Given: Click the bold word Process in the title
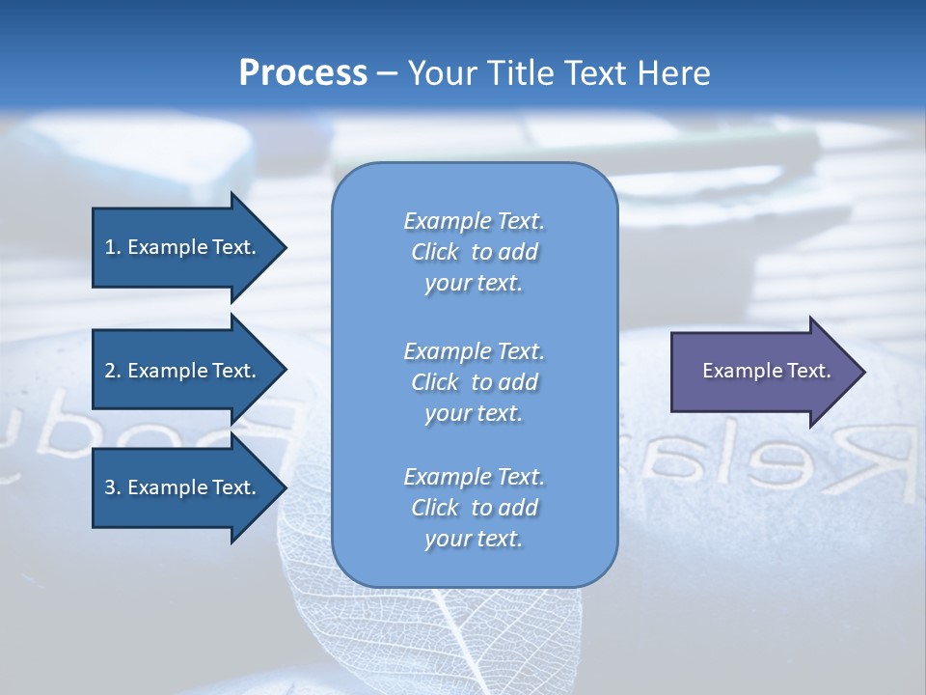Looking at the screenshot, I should [x=303, y=73].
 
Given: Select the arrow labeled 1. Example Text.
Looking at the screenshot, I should [x=183, y=247].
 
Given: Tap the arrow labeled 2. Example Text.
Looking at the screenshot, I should [x=183, y=371].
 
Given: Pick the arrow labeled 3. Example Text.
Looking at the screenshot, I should [x=183, y=487].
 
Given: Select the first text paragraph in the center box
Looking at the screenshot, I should [x=474, y=252].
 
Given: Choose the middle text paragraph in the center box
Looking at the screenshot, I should [x=474, y=382].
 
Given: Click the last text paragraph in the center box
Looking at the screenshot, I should [x=474, y=508].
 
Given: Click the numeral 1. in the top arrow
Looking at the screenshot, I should [x=113, y=247].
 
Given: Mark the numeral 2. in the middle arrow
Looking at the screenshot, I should [x=113, y=371].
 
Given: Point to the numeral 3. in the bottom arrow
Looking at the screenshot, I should [x=113, y=487].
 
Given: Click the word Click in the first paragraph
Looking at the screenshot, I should [x=435, y=252].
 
